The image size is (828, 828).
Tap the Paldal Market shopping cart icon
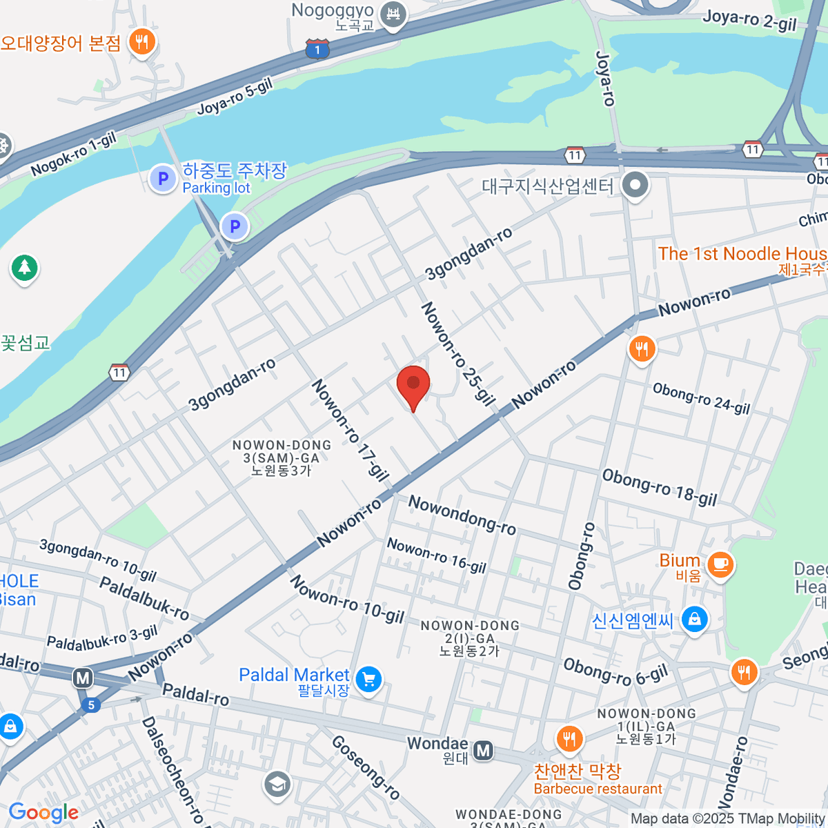(368, 680)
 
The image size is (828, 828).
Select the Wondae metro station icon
(484, 750)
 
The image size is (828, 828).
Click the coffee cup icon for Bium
(721, 564)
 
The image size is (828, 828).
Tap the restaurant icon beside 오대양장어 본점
(142, 42)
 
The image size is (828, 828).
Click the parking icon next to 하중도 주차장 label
(163, 179)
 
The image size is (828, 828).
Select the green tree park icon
(25, 267)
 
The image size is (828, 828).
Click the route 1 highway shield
(317, 49)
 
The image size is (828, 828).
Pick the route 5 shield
(90, 704)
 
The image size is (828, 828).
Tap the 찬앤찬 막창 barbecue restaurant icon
(569, 740)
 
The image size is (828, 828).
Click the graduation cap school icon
(277, 785)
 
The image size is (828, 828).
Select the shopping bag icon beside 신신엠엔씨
(695, 619)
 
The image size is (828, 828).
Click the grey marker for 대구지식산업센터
(635, 185)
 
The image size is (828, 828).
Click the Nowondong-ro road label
(462, 515)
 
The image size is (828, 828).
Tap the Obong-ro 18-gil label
(659, 488)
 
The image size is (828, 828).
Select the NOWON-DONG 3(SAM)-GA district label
(282, 458)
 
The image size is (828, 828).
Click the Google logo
(43, 812)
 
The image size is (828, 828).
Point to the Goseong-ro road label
(366, 767)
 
